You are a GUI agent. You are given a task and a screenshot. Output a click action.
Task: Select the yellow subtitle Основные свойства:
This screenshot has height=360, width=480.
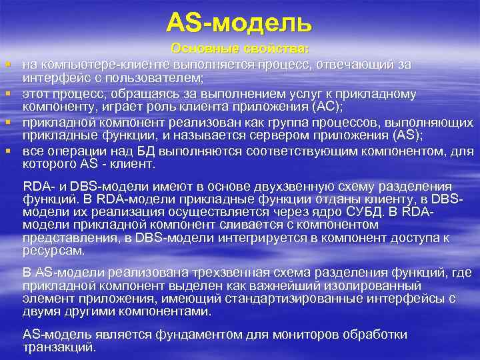pos(240,49)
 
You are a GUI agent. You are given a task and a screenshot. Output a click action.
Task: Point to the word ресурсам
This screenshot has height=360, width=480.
pos(53,251)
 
